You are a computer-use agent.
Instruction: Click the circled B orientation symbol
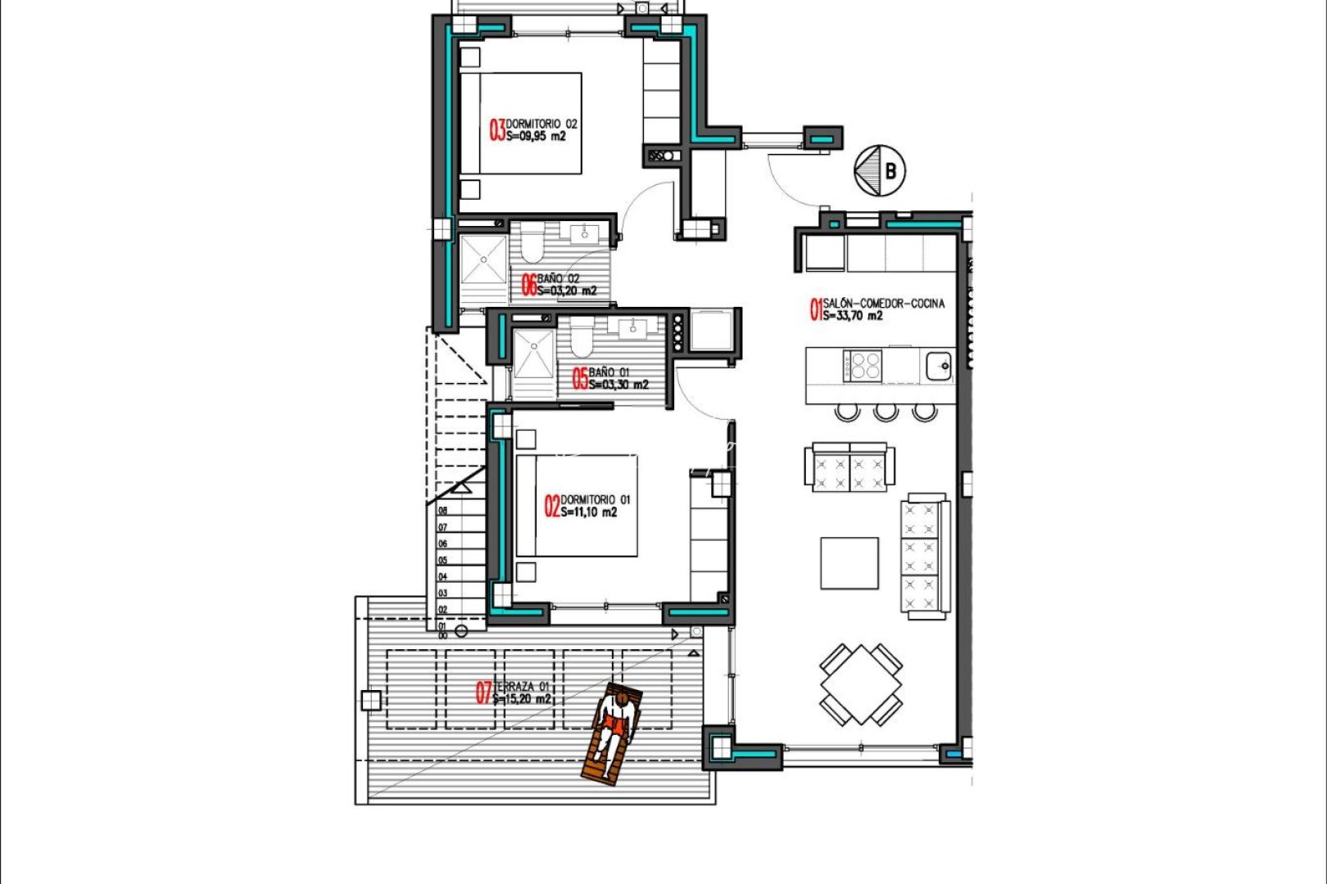[x=880, y=171]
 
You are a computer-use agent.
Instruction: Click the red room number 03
[x=497, y=130]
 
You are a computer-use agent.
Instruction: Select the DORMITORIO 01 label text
[x=596, y=499]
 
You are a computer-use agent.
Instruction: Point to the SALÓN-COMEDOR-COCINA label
[x=883, y=303]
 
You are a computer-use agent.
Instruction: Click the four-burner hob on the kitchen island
[x=863, y=365]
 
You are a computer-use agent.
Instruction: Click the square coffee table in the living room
[x=849, y=563]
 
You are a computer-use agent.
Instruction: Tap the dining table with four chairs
[x=861, y=684]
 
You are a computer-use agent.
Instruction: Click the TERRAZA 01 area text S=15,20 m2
[x=522, y=700]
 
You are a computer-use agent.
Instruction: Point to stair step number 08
[x=443, y=510]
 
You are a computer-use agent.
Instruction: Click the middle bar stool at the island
[x=885, y=411]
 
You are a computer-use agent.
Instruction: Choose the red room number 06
[x=528, y=285]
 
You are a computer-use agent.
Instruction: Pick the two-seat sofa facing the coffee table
[x=849, y=468]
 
